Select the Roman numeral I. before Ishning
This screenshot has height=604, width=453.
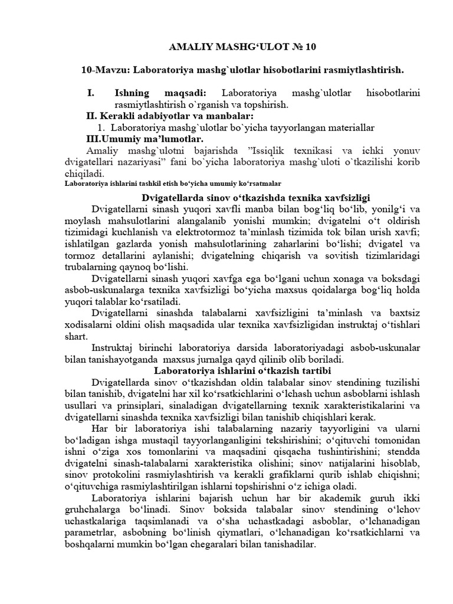point(91,93)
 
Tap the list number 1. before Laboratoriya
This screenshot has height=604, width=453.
point(101,127)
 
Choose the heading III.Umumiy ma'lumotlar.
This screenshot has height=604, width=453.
point(145,139)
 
